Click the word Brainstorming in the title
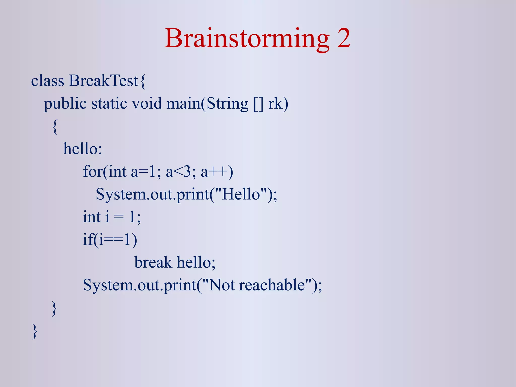pyautogui.click(x=247, y=38)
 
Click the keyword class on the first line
pyautogui.click(x=47, y=81)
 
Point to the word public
pyautogui.click(x=65, y=104)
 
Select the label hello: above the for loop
pyautogui.click(x=82, y=149)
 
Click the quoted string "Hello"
pyautogui.click(x=241, y=194)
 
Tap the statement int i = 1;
pyautogui.click(x=112, y=217)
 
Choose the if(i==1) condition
pyautogui.click(x=110, y=239)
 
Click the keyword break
pyautogui.click(x=153, y=262)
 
